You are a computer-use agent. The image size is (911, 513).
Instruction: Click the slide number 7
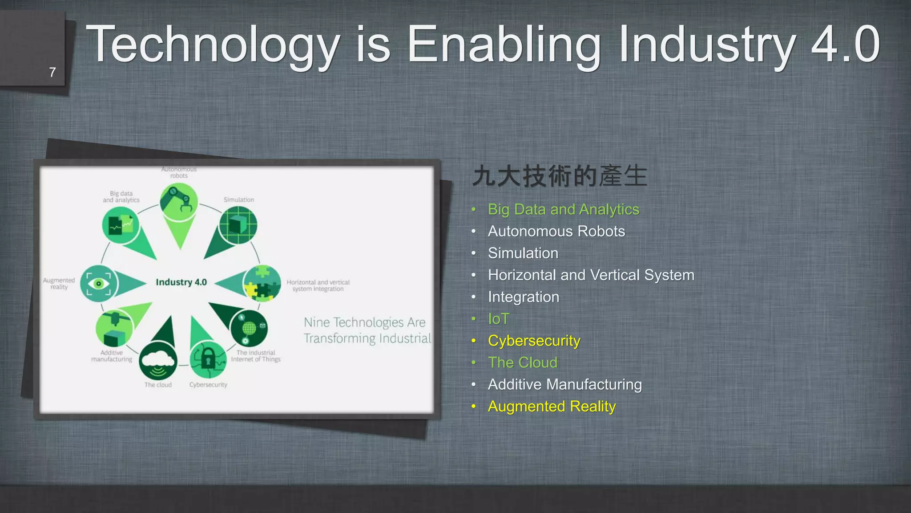click(x=52, y=72)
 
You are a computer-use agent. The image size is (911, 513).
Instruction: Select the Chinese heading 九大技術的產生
click(x=560, y=175)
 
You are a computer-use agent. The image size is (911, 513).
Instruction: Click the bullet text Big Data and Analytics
click(x=563, y=209)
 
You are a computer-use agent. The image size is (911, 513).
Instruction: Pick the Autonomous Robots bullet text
click(x=556, y=231)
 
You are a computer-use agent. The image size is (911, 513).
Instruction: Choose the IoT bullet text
click(x=498, y=319)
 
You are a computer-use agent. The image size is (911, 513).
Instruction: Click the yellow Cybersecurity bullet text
click(x=534, y=341)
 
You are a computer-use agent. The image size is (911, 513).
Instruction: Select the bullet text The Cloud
click(x=522, y=362)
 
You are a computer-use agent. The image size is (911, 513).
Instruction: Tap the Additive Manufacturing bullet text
click(x=564, y=384)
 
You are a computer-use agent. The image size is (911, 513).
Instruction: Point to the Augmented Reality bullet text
click(x=552, y=406)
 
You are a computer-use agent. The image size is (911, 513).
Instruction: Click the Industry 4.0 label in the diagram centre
click(x=181, y=282)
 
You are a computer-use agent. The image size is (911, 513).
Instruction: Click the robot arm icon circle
click(x=179, y=202)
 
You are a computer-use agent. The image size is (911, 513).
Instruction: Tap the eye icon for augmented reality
click(x=99, y=284)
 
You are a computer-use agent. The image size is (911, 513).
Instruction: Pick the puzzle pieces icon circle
click(x=262, y=283)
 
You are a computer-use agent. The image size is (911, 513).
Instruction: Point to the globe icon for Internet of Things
click(x=249, y=328)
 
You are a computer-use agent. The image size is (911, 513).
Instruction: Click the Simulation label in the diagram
click(x=239, y=200)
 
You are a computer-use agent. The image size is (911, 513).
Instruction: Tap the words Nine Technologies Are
click(x=364, y=322)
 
